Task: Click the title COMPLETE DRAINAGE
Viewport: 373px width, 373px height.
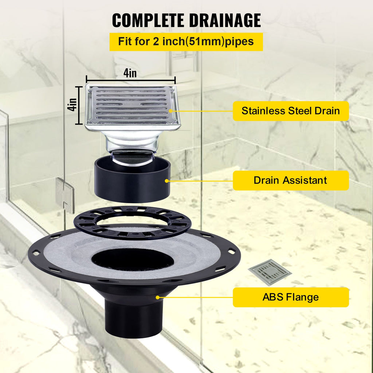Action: tap(186, 20)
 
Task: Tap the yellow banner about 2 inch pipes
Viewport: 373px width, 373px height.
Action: tap(186, 41)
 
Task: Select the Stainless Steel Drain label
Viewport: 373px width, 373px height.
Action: tap(291, 111)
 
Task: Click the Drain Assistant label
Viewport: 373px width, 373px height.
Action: tap(291, 180)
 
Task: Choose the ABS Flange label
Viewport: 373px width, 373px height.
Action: tap(291, 297)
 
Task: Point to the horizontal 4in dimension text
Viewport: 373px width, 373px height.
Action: tap(130, 73)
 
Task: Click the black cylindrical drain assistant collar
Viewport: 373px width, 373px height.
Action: tap(132, 184)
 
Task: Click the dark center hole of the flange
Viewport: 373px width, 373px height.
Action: tap(132, 260)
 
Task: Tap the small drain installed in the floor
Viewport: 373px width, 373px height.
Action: tap(270, 272)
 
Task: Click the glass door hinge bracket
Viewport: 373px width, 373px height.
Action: tap(65, 195)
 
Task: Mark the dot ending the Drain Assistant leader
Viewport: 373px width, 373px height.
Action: tap(167, 180)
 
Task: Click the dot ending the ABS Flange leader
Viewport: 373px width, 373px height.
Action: tap(158, 297)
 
